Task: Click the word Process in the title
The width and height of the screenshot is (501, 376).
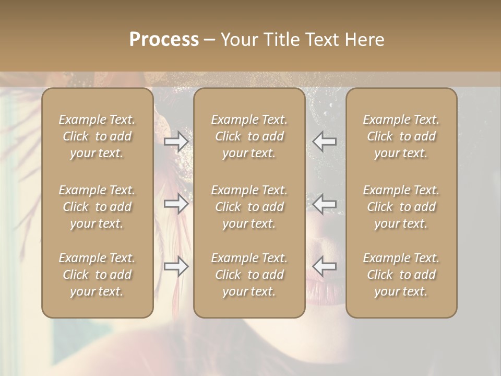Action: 164,40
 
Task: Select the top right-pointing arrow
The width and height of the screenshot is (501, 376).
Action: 176,142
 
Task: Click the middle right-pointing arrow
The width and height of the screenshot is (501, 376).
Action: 176,203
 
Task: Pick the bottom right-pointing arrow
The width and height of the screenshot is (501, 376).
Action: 176,266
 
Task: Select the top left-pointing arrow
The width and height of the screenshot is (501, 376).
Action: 325,142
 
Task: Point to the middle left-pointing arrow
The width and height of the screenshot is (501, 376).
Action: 325,203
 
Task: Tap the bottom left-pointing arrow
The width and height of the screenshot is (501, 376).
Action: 325,266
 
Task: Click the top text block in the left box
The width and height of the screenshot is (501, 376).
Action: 97,136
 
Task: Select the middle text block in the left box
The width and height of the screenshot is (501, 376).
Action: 97,207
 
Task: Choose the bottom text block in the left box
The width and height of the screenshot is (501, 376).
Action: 97,275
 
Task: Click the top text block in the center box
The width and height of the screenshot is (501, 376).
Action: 249,136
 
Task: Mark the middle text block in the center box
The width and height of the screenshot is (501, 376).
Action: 249,207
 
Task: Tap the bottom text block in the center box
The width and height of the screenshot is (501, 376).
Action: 249,275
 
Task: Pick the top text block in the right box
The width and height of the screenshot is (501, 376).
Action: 401,136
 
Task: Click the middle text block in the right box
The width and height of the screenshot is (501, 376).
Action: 401,207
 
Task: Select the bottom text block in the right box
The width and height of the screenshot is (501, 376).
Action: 401,275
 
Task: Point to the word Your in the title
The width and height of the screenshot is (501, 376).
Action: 237,40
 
